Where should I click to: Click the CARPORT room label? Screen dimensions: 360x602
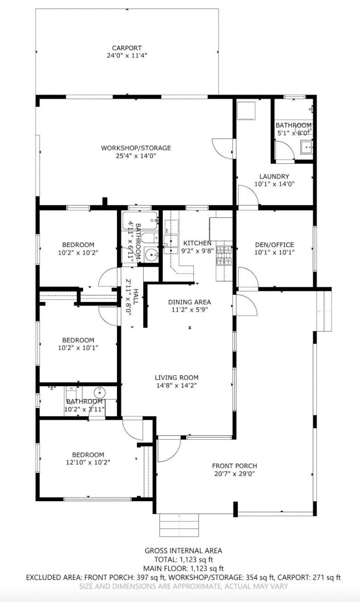(x=127, y=48)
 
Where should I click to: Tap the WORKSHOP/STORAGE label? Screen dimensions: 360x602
(x=136, y=148)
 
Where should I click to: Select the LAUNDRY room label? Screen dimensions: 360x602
(x=274, y=176)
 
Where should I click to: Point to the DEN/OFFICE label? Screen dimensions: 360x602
(x=274, y=245)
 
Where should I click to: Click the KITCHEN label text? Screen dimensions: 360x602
(x=197, y=243)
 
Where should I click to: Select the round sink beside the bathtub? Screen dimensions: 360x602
(x=152, y=254)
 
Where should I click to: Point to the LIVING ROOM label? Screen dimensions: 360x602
(x=177, y=377)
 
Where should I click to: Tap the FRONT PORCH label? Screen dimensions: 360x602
(x=235, y=465)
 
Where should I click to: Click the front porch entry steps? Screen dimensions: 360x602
(x=179, y=525)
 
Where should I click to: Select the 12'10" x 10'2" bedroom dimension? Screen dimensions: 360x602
(x=88, y=462)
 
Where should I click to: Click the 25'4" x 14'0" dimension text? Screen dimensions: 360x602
(x=136, y=156)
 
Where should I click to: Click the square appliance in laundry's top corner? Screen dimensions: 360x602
(x=246, y=110)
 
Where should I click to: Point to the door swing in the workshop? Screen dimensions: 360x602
(x=222, y=148)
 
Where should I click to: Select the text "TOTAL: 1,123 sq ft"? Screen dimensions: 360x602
(x=183, y=560)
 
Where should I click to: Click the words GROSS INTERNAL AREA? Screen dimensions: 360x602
(x=183, y=551)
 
